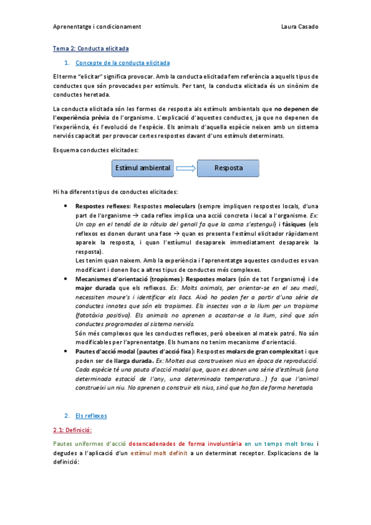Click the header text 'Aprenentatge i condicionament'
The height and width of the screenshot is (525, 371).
pyautogui.click(x=97, y=27)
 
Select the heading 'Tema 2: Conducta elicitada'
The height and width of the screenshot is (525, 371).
pyautogui.click(x=90, y=48)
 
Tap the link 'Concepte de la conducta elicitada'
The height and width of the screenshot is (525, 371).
pyautogui.click(x=122, y=63)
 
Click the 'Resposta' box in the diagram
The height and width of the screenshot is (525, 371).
pyautogui.click(x=228, y=168)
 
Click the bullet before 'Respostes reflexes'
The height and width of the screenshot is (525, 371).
pyautogui.click(x=66, y=206)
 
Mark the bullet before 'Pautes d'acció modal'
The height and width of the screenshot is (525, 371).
pyautogui.click(x=66, y=351)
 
